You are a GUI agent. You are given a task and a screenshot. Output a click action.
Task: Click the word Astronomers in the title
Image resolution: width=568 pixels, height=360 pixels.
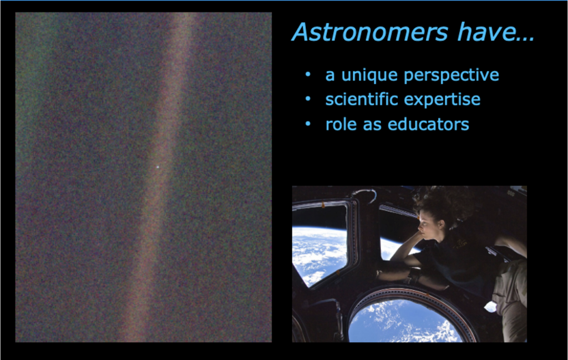[370, 32]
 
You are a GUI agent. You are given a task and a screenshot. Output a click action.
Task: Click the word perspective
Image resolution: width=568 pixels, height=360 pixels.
[452, 75]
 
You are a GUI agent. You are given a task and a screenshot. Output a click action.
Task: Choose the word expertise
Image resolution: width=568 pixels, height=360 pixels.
[442, 100]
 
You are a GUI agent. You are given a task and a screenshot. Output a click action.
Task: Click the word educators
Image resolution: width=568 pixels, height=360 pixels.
[428, 124]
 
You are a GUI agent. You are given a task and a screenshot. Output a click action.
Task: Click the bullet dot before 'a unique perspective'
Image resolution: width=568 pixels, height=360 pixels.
[308, 74]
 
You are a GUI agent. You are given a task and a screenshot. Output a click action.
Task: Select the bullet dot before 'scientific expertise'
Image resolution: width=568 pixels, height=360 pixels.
[308, 99]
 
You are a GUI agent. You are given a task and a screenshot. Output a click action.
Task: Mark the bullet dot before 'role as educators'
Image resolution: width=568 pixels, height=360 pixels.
[308, 124]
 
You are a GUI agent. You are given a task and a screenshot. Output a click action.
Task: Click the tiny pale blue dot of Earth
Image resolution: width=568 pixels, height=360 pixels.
[158, 167]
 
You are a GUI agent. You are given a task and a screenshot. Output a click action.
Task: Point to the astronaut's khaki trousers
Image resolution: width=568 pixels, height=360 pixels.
[510, 297]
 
